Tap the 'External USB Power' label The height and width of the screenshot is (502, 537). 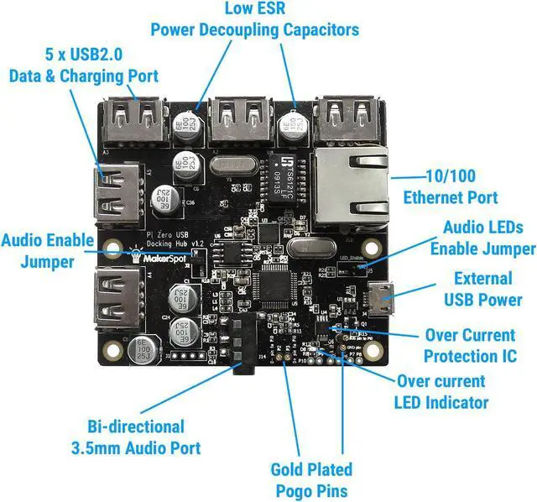482,289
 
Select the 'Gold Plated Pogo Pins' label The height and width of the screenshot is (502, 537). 310,479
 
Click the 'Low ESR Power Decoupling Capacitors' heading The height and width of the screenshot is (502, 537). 254,20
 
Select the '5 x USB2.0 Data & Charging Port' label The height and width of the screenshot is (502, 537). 83,65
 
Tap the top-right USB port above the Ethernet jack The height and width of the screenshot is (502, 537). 352,118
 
